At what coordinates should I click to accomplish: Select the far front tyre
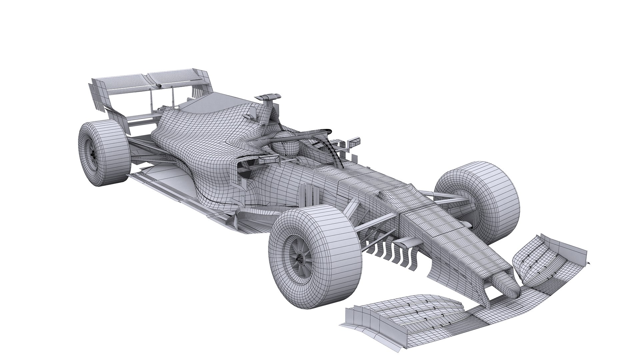coord(477,200)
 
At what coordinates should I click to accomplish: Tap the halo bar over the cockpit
coord(310,133)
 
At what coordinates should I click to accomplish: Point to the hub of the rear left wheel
coord(92,153)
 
